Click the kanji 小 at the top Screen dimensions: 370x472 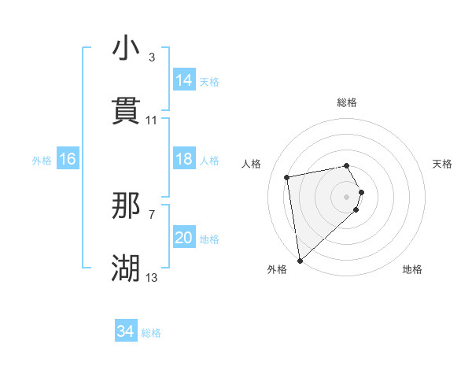pos(126,49)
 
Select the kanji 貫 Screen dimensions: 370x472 pos(126,112)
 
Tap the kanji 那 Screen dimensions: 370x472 pos(126,206)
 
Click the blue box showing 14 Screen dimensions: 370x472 pos(184,80)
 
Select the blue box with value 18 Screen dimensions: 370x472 pos(184,159)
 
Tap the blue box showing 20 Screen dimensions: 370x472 pos(184,238)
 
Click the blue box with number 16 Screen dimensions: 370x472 pos(68,159)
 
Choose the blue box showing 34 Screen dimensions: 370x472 pos(126,331)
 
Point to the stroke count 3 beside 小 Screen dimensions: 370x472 pos(152,57)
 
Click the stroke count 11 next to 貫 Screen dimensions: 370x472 pos(152,120)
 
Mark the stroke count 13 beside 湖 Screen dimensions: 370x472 pos(152,278)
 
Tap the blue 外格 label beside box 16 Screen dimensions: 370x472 pos(42,160)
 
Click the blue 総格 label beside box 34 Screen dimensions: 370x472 pos(151,333)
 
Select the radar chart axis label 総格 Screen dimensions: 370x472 pos(347,102)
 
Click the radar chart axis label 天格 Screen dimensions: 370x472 pos(443,164)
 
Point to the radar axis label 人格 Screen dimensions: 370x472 pos(253,164)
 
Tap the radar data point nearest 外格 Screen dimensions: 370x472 pos(300,260)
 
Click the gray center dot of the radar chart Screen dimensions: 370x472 pos(347,195)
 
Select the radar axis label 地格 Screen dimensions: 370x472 pos(412,270)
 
